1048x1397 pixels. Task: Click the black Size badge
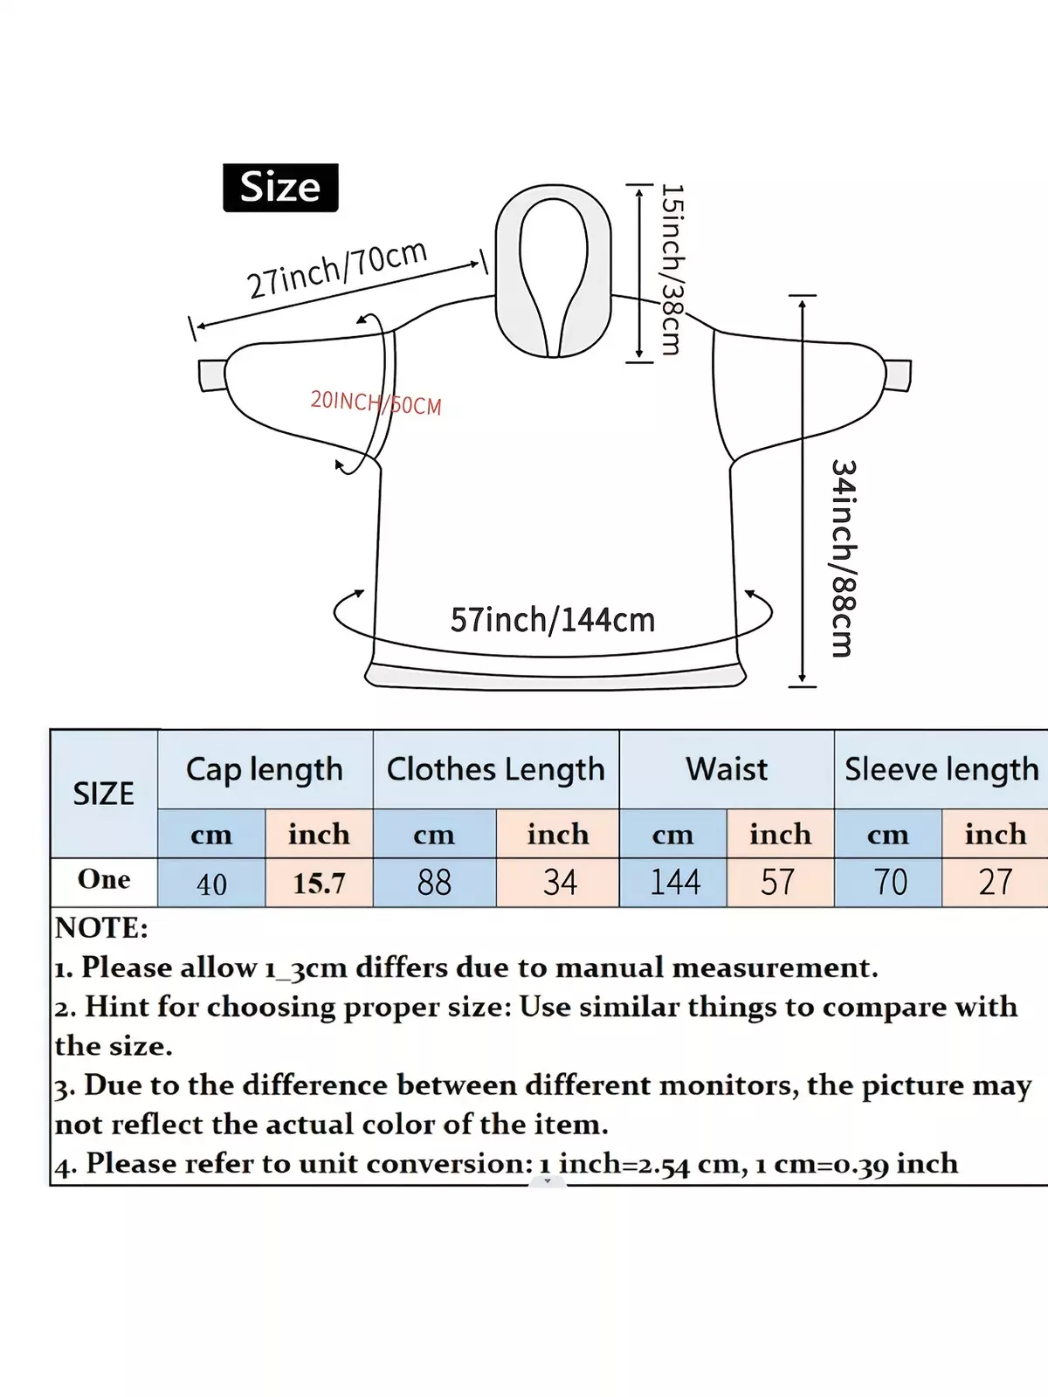pos(280,188)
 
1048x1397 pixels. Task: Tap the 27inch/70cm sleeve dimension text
pos(337,269)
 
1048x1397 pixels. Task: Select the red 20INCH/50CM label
pos(376,403)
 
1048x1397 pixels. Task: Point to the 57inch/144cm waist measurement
pos(552,619)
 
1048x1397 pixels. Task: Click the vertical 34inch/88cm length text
pos(845,558)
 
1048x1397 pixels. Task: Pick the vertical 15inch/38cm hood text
pos(672,269)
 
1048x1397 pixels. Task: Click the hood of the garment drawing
pos(553,272)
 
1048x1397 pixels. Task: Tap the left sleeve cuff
pos(212,376)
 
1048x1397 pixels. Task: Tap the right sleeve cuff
pos(898,376)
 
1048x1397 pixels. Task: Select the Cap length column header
pos(265,769)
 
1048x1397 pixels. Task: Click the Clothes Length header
pos(496,769)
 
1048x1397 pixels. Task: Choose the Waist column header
pos(727,769)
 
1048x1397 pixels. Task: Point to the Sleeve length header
pos(941,769)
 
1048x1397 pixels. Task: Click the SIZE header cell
pos(104,794)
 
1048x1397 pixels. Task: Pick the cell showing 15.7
pos(319,883)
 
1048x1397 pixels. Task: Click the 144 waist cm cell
pos(673,883)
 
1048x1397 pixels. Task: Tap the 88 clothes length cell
pos(435,883)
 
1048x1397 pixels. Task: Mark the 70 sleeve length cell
pos(888,883)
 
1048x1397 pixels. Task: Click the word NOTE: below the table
pos(101,928)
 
